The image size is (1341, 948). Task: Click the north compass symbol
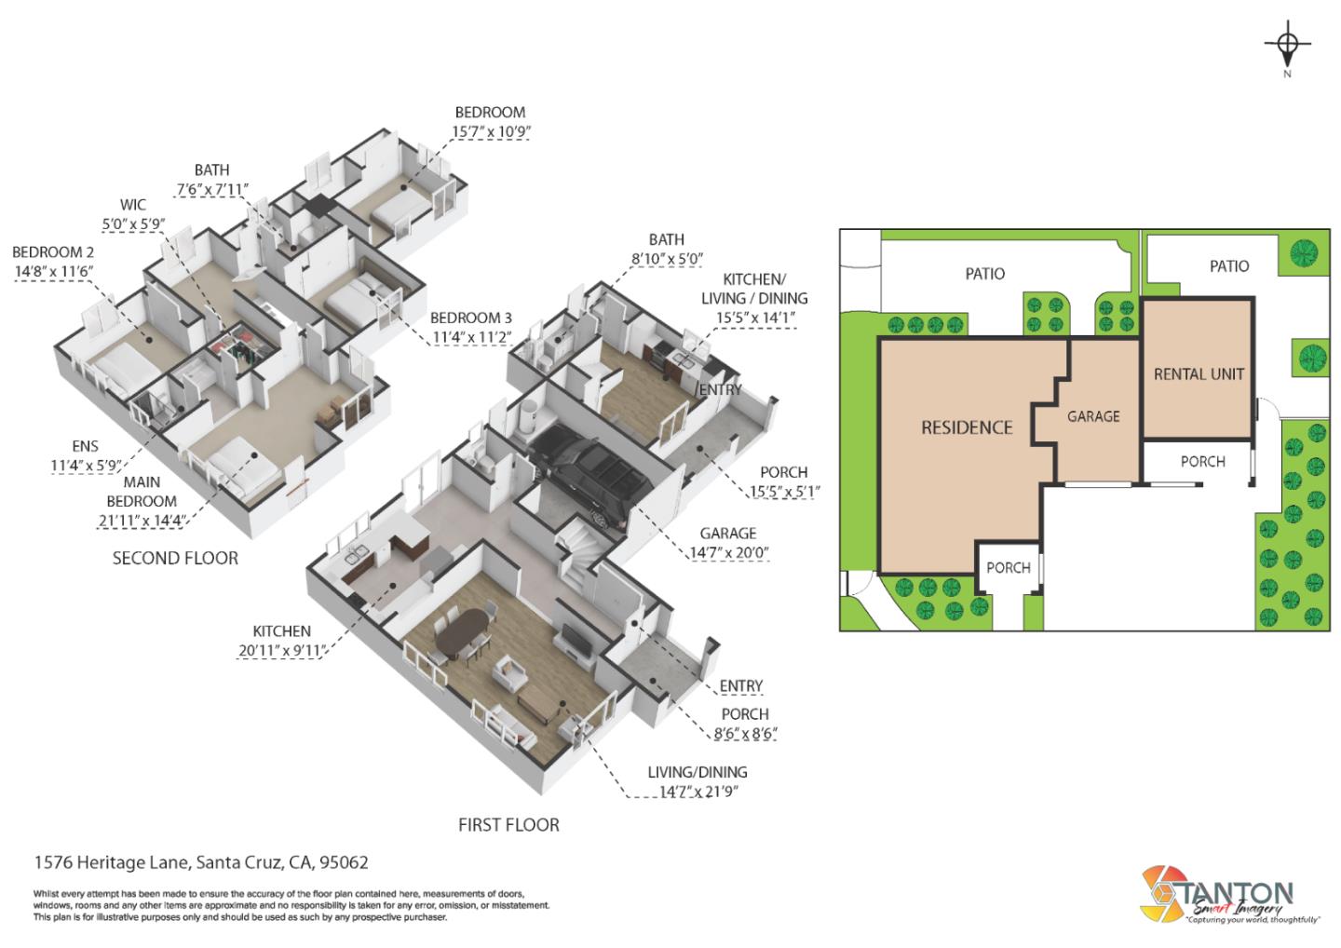pos(1287,45)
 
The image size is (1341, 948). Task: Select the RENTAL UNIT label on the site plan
pos(1199,374)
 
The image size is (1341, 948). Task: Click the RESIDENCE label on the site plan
pos(967,427)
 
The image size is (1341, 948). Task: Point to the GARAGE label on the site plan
pos(1093,416)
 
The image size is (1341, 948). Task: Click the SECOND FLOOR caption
pos(175,558)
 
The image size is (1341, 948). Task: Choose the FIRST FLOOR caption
pos(508,824)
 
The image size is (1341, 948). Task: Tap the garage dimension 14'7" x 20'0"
pos(728,553)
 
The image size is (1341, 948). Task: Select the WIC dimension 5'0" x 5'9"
pos(133,223)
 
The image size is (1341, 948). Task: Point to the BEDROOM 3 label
pos(471,318)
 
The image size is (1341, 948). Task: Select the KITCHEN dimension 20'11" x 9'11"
pos(281,651)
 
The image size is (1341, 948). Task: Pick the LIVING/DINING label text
pos(698,772)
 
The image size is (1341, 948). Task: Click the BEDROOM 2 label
pos(53,252)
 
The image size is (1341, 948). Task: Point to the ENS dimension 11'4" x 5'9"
pos(86,465)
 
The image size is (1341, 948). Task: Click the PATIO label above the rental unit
pos(1229,266)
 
